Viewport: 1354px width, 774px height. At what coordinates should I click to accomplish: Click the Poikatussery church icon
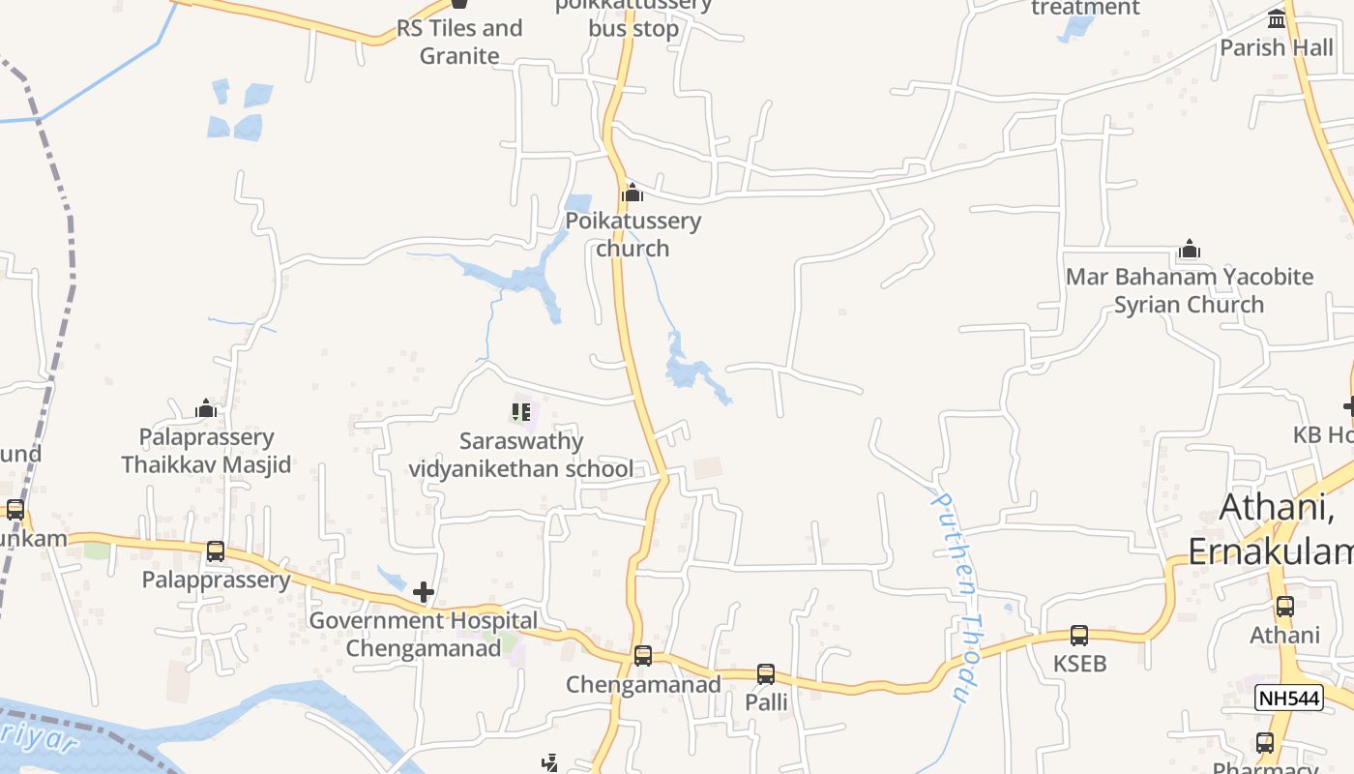(633, 193)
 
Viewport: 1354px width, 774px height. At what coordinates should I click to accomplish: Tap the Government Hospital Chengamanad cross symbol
(424, 592)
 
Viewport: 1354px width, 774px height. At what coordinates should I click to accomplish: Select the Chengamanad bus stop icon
(643, 656)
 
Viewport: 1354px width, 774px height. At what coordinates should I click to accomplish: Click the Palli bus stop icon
(766, 673)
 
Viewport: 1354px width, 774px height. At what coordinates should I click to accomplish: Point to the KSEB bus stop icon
(1079, 636)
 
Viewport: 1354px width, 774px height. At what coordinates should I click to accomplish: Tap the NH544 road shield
(1288, 698)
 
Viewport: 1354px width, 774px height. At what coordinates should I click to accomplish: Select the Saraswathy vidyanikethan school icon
(521, 413)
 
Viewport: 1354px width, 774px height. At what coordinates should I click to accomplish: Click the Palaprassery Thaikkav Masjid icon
(206, 409)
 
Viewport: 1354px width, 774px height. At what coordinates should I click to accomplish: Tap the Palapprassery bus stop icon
(216, 551)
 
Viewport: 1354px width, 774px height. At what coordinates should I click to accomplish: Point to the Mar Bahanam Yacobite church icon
(1190, 250)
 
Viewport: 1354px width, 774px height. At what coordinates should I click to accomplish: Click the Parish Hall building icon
(1277, 19)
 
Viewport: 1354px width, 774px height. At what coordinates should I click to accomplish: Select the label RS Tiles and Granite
(459, 42)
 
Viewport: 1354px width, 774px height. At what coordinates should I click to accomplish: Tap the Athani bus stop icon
(1285, 607)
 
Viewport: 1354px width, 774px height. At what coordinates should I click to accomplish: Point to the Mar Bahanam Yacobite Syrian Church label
(1190, 290)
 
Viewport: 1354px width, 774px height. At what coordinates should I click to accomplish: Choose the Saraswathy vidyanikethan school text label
(522, 456)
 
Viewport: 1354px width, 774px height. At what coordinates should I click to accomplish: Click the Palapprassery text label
(216, 580)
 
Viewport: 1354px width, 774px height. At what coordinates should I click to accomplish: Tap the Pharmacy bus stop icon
(1265, 743)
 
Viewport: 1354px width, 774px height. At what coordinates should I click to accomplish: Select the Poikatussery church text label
(633, 234)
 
